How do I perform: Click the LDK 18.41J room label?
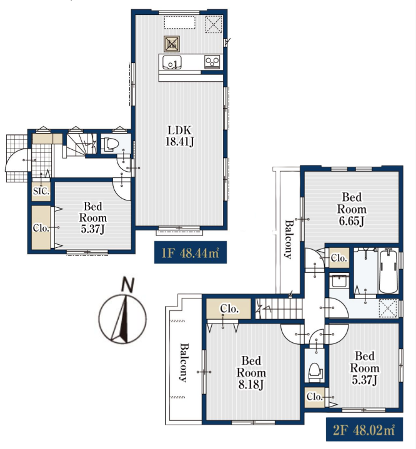coord(180,136)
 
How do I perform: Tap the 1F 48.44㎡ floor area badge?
coord(191,252)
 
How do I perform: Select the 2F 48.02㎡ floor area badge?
coord(364,430)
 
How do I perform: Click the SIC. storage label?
coord(41,191)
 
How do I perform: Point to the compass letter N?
coord(128,284)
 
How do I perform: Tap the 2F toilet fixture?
coord(315,372)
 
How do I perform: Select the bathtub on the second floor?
coord(389,270)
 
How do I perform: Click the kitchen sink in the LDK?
coord(172,62)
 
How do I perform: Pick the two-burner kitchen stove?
coord(212,62)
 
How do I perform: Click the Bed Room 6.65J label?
coord(352,209)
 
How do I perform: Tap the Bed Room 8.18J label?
coord(251,373)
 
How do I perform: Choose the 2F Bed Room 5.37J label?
coord(364,368)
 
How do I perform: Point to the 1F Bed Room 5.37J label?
coord(93,217)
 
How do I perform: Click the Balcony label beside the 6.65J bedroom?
coord(289,239)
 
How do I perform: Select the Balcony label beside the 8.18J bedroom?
coord(184,363)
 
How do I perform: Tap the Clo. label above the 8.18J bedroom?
coord(229,308)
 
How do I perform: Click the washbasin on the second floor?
coord(339,281)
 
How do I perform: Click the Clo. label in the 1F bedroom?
coord(41,228)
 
